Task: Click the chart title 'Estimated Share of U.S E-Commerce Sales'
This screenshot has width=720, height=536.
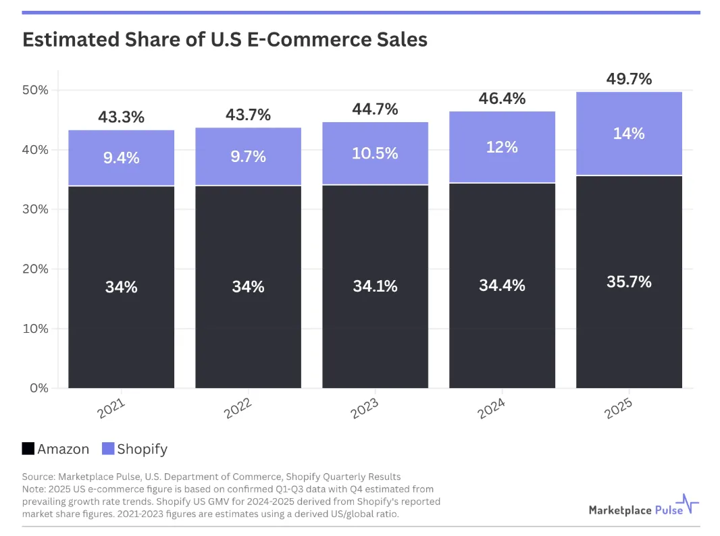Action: (224, 39)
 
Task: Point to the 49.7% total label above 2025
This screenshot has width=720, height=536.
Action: (629, 79)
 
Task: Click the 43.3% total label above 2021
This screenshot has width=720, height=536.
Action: (121, 117)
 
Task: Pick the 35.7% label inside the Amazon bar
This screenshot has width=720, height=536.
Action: (629, 282)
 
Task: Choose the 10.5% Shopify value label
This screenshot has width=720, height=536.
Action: (375, 153)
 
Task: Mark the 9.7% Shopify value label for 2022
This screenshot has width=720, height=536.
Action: (248, 157)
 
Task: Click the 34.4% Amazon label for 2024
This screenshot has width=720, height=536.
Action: (502, 286)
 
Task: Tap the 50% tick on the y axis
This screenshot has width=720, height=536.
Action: (35, 90)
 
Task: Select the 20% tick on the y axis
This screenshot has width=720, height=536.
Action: (35, 269)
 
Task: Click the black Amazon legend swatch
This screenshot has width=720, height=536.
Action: (28, 449)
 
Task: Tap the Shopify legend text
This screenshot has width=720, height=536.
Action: (142, 449)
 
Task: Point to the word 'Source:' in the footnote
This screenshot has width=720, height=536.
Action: (38, 477)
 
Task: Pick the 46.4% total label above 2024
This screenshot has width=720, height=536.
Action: (502, 99)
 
